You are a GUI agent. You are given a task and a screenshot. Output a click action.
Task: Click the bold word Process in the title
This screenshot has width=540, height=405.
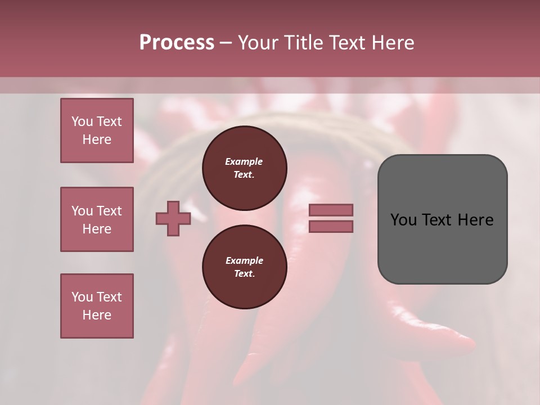click(177, 43)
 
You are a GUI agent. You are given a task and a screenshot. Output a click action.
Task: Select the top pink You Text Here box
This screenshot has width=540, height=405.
click(97, 130)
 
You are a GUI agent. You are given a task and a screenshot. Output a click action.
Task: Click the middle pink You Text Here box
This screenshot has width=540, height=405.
click(97, 219)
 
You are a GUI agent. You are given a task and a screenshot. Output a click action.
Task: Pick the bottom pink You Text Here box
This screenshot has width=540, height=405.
click(97, 306)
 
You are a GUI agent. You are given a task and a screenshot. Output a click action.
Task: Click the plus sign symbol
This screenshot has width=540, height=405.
click(173, 219)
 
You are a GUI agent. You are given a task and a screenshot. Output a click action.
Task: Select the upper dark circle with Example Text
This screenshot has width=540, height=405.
click(244, 168)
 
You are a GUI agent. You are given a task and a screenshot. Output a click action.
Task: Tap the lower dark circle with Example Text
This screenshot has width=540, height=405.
click(244, 267)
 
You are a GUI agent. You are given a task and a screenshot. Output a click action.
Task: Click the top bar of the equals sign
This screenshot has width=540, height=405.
click(331, 210)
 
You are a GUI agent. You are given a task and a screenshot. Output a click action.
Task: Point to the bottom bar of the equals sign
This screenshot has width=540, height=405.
click(331, 227)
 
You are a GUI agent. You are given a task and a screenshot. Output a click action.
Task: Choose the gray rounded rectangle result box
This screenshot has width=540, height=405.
click(442, 219)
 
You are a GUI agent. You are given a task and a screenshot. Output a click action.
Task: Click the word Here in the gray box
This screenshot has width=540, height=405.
click(475, 220)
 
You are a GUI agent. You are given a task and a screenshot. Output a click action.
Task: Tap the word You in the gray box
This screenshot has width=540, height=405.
click(403, 220)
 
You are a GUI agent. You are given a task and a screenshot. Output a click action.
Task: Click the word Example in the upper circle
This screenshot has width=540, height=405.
click(244, 162)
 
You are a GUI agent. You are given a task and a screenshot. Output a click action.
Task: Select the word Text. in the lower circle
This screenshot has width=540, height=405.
click(244, 274)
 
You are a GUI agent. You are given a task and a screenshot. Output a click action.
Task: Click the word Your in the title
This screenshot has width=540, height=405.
click(259, 43)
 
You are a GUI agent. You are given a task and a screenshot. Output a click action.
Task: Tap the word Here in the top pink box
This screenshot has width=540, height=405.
click(97, 139)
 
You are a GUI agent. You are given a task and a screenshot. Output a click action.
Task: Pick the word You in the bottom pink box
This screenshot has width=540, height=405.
click(82, 297)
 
